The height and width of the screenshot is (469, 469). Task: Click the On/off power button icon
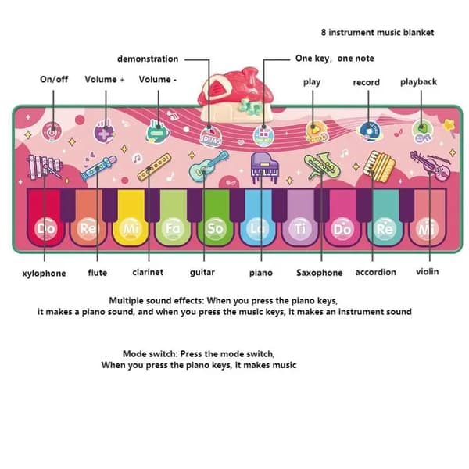[x=52, y=131]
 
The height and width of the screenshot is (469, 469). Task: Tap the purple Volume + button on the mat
[x=104, y=131]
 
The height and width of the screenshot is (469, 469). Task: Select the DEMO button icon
[x=211, y=137]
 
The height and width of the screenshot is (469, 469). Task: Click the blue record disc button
[x=370, y=131]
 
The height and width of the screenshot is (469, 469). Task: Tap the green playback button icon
[x=422, y=131]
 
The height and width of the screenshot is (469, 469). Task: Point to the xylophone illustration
[x=45, y=167]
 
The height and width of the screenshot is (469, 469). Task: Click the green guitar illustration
[x=209, y=166]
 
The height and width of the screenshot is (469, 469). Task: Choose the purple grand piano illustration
[x=264, y=167]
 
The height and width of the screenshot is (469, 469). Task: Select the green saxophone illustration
[x=322, y=166]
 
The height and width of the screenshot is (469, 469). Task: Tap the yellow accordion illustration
[x=379, y=166]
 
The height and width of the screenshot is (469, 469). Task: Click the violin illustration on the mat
[x=431, y=165]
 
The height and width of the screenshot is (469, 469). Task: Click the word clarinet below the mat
[x=148, y=272]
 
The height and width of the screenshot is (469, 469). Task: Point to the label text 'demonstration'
[x=148, y=59]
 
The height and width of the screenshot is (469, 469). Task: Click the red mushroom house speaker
[x=236, y=95]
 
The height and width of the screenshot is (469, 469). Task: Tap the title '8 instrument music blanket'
[x=378, y=32]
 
